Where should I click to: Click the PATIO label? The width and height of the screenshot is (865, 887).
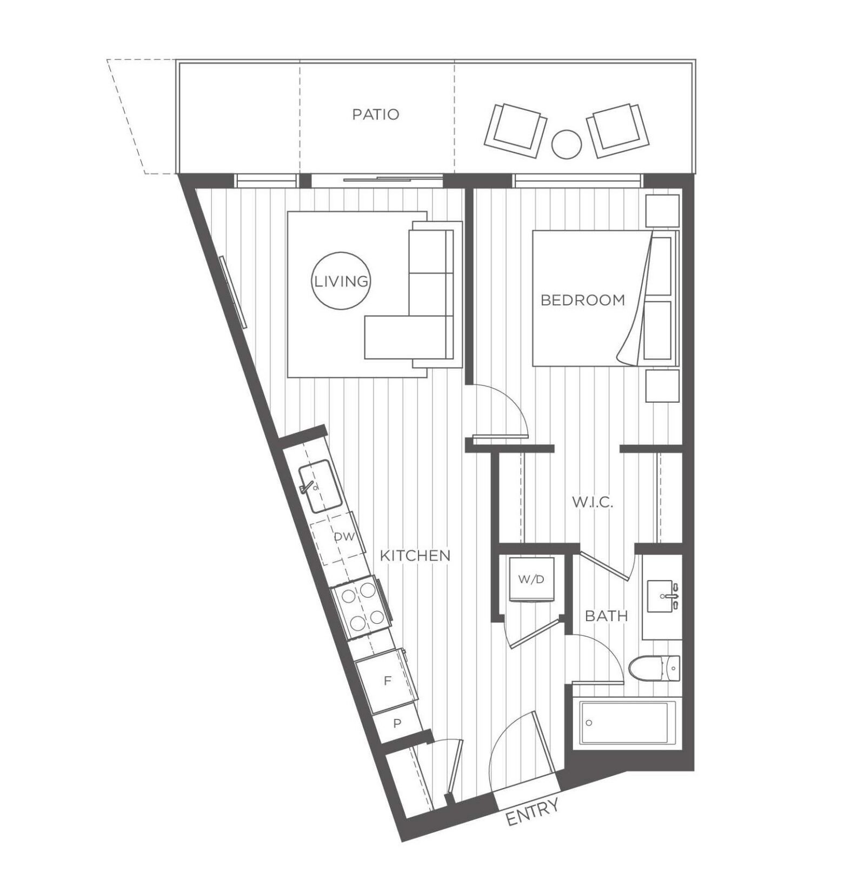click(x=375, y=115)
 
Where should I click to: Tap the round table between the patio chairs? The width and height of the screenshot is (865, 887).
click(x=566, y=144)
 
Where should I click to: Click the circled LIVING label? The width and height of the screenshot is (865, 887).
click(x=341, y=281)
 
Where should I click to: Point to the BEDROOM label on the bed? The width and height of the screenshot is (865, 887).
click(x=582, y=300)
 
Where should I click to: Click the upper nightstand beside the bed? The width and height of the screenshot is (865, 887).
click(x=663, y=210)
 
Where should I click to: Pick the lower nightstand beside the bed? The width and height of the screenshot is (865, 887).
click(x=663, y=385)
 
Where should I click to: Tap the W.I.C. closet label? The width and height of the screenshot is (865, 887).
click(x=593, y=502)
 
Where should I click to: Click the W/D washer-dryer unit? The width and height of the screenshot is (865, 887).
click(x=532, y=579)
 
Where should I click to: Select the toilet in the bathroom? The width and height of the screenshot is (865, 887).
click(x=654, y=669)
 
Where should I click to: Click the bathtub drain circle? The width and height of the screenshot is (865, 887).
click(x=589, y=723)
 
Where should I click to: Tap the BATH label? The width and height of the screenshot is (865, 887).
click(x=607, y=616)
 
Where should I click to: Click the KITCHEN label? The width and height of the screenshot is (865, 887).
click(x=415, y=555)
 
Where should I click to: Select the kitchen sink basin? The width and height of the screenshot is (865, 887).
click(x=320, y=486)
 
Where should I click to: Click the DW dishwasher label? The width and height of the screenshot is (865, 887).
click(x=344, y=537)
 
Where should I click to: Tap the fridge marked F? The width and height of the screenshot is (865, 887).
click(x=387, y=681)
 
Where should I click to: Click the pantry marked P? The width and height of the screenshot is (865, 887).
click(x=397, y=723)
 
